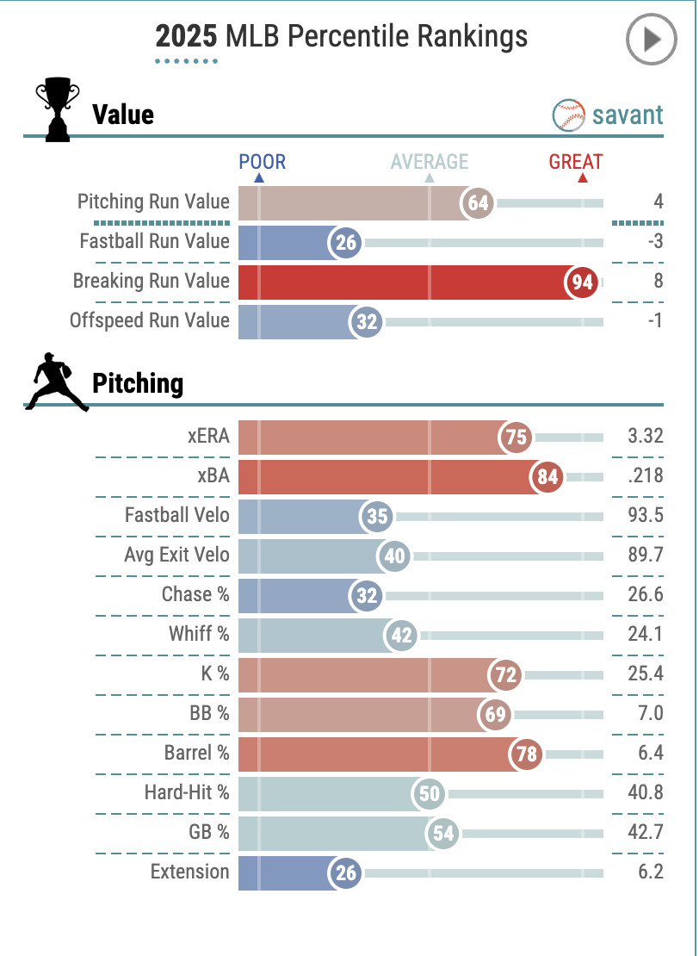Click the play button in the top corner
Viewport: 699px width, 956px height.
(651, 39)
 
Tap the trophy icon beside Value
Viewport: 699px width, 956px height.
(57, 111)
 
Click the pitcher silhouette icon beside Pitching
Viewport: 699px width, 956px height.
(58, 383)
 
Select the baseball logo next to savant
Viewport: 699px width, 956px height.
(568, 115)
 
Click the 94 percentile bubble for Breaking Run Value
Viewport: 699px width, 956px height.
(583, 282)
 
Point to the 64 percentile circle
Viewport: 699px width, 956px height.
(478, 202)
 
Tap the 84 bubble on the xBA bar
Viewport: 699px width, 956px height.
(547, 476)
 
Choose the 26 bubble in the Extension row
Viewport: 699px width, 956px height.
(345, 872)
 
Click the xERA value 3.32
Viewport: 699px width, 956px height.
(646, 436)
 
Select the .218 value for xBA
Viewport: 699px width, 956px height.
(646, 475)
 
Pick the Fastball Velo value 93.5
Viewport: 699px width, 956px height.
(646, 515)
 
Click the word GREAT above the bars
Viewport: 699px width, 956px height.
(576, 162)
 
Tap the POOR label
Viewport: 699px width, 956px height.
(262, 162)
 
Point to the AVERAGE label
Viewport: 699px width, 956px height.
(430, 162)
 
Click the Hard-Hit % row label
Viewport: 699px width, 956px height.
(186, 792)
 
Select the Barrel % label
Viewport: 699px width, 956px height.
(197, 753)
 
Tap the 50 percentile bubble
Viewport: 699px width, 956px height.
(430, 793)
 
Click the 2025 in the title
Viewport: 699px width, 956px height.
(186, 36)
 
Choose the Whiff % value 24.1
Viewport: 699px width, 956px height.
(646, 634)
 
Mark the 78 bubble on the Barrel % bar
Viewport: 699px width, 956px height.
(526, 754)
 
